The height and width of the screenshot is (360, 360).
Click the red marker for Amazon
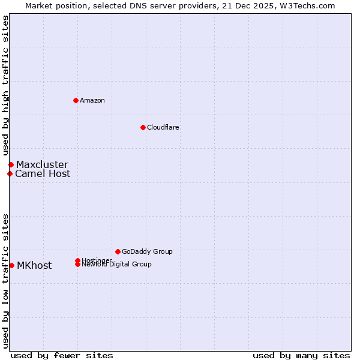tap(76, 100)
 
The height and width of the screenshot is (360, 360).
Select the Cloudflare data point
tap(143, 127)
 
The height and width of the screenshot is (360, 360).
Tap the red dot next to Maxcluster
tap(11, 164)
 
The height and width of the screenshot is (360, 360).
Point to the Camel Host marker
tap(10, 174)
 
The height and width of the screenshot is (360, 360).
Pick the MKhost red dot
tap(11, 265)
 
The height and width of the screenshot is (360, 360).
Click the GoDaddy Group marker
tap(118, 251)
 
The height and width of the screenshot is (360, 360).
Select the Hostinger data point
tap(77, 260)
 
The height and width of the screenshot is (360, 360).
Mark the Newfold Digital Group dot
tap(77, 265)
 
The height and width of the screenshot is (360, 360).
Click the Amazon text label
tap(92, 100)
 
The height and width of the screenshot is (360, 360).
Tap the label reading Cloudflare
tap(163, 127)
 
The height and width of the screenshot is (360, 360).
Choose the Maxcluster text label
tap(42, 165)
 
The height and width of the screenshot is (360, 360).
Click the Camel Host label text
tap(43, 174)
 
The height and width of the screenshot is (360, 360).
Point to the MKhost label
tap(34, 266)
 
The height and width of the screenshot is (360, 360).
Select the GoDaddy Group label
tap(147, 251)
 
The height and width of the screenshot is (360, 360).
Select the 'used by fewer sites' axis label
tap(62, 355)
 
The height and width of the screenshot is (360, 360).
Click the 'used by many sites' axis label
tap(301, 355)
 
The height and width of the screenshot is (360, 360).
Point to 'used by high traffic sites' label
tap(5, 86)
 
